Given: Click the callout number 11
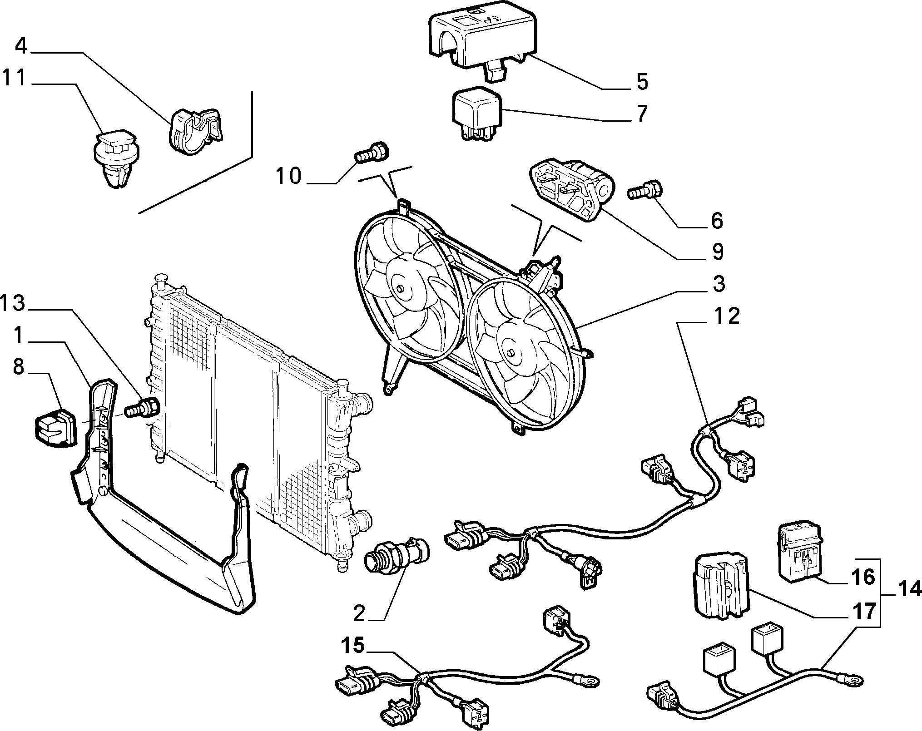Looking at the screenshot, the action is (x=15, y=78).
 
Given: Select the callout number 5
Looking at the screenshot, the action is (x=642, y=82).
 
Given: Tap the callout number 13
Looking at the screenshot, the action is (x=12, y=303).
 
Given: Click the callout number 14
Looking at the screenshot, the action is (x=910, y=590).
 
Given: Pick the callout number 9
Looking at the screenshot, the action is (x=717, y=252).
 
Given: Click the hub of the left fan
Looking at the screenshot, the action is (x=400, y=289).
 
